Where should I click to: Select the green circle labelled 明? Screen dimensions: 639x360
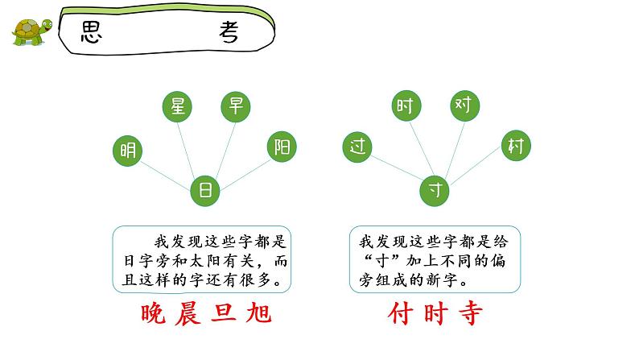coord(127,151)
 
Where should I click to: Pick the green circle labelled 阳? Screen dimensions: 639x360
coord(282,147)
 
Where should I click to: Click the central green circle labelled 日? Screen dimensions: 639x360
coord(205,190)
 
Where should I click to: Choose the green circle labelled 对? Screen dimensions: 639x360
coord(464,105)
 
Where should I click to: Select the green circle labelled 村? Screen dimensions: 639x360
coord(515,146)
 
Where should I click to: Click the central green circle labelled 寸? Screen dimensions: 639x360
coord(435,190)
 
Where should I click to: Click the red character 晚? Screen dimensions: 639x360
coord(155,313)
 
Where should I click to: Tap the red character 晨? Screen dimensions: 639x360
coord(193,313)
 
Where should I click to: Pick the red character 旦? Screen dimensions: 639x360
coord(231,313)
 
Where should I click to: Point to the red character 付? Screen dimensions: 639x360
coord(399,313)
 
